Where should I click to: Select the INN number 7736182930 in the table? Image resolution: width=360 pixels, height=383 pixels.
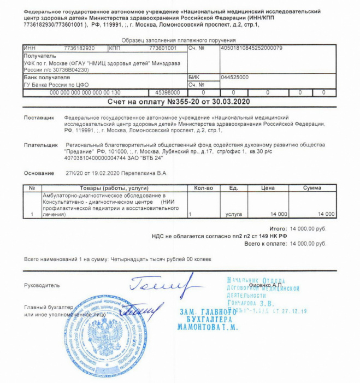(x=79, y=48)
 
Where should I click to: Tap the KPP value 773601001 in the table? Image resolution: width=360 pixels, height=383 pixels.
(x=163, y=48)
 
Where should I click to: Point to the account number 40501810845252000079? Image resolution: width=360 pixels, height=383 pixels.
(x=251, y=48)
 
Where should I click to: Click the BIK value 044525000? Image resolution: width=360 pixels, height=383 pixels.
(x=234, y=78)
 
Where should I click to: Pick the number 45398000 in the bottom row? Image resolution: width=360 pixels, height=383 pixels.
(x=168, y=92)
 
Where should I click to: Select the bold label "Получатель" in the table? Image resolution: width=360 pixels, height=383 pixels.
(x=39, y=56)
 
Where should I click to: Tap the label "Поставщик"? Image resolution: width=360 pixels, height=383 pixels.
(x=39, y=118)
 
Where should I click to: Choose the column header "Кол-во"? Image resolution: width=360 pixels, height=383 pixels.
(x=203, y=188)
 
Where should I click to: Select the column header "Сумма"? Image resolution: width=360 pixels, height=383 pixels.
(x=312, y=188)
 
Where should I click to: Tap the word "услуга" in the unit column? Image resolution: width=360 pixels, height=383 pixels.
(x=234, y=214)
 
